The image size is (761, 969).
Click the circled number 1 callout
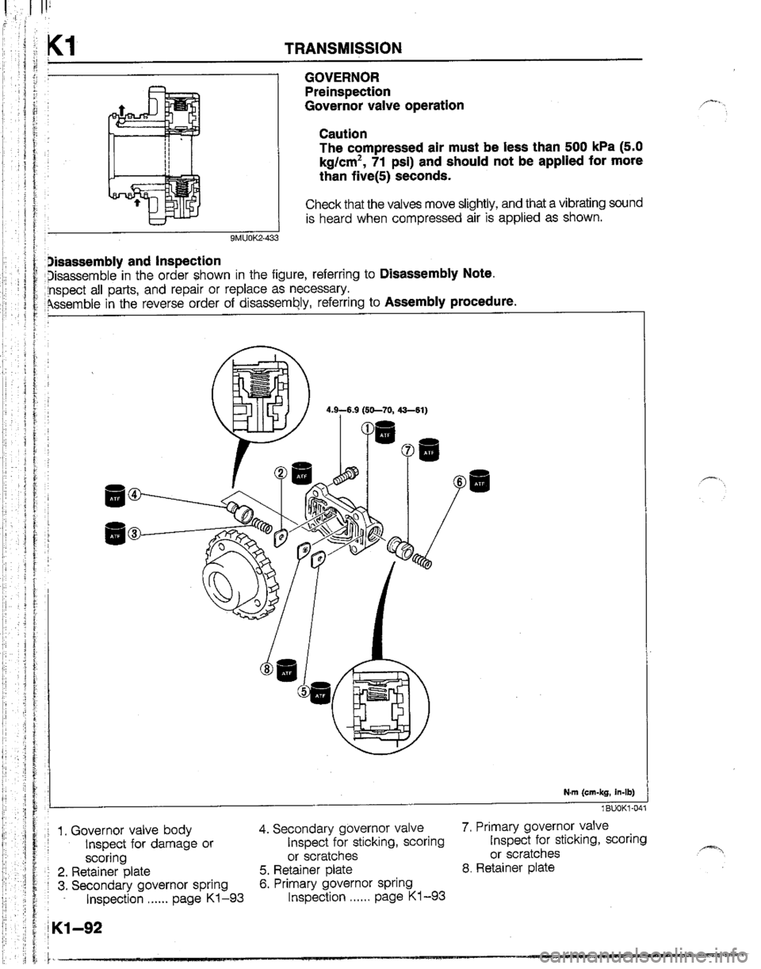tap(366, 429)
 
